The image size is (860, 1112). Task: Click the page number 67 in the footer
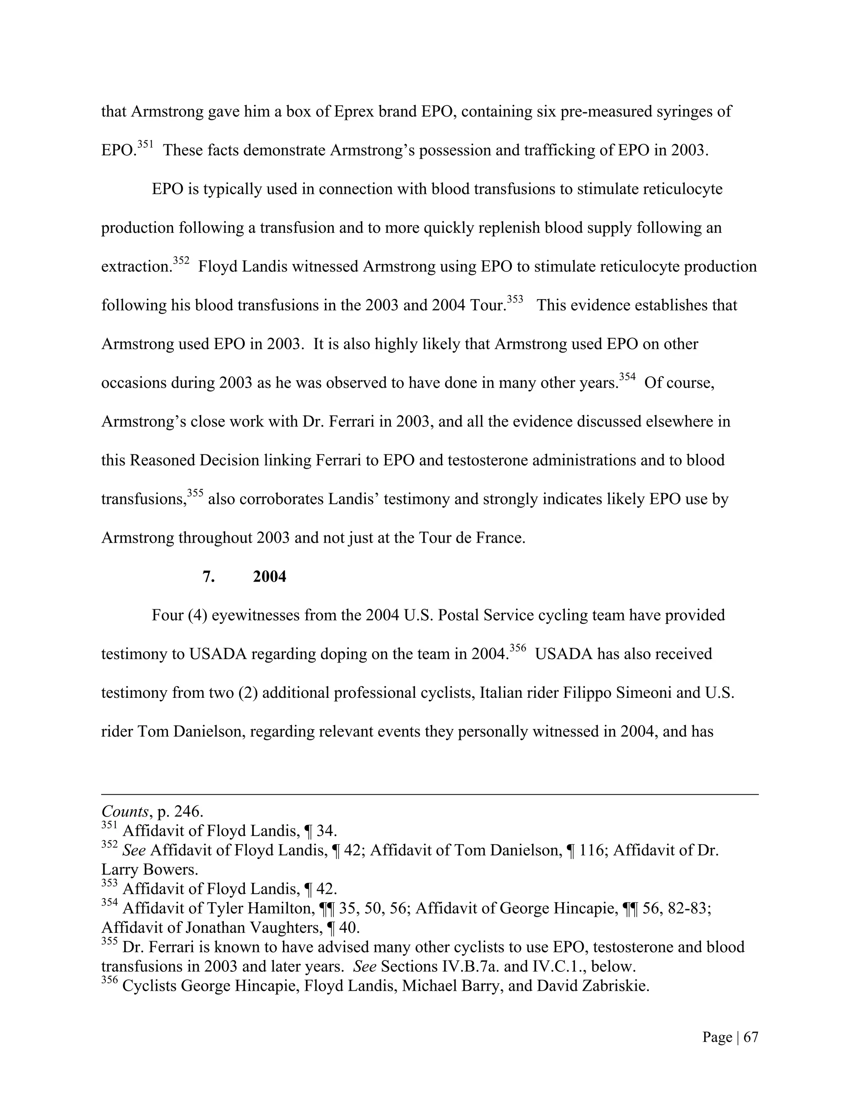(750, 1037)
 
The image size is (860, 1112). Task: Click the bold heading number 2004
(270, 577)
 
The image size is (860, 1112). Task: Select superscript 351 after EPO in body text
(145, 145)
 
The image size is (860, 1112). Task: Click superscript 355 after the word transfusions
(195, 493)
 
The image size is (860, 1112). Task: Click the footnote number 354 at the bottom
(110, 903)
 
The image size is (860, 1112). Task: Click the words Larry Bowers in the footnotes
(149, 869)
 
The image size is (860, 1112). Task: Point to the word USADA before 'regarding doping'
(218, 654)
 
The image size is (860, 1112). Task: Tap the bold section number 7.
(208, 577)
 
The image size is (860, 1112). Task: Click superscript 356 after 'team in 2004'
(518, 648)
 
